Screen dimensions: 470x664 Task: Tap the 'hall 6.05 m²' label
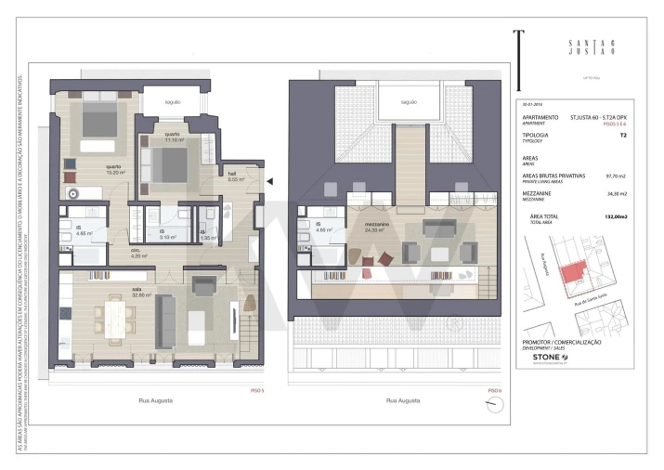[235, 176]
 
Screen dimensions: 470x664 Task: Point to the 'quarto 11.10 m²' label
[173, 137]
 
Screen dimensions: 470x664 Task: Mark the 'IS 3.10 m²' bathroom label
[168, 235]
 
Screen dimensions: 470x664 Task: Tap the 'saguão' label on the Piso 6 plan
[408, 102]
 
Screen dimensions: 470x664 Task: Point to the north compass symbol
[489, 404]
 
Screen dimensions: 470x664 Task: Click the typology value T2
[622, 136]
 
